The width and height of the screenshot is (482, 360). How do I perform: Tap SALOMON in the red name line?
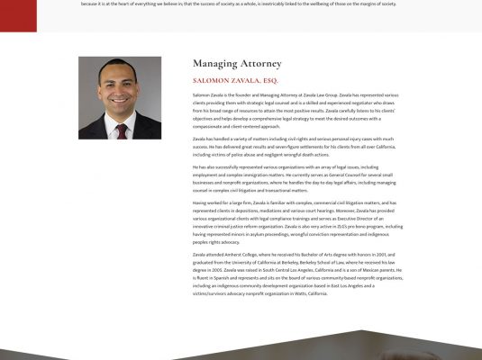tap(213, 80)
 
